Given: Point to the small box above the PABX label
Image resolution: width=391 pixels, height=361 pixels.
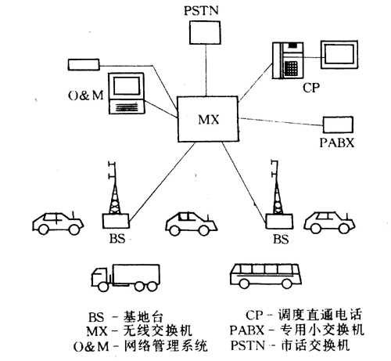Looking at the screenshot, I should pyautogui.click(x=339, y=124).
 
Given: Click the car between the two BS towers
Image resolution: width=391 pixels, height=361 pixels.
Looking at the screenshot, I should pyautogui.click(x=190, y=223).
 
